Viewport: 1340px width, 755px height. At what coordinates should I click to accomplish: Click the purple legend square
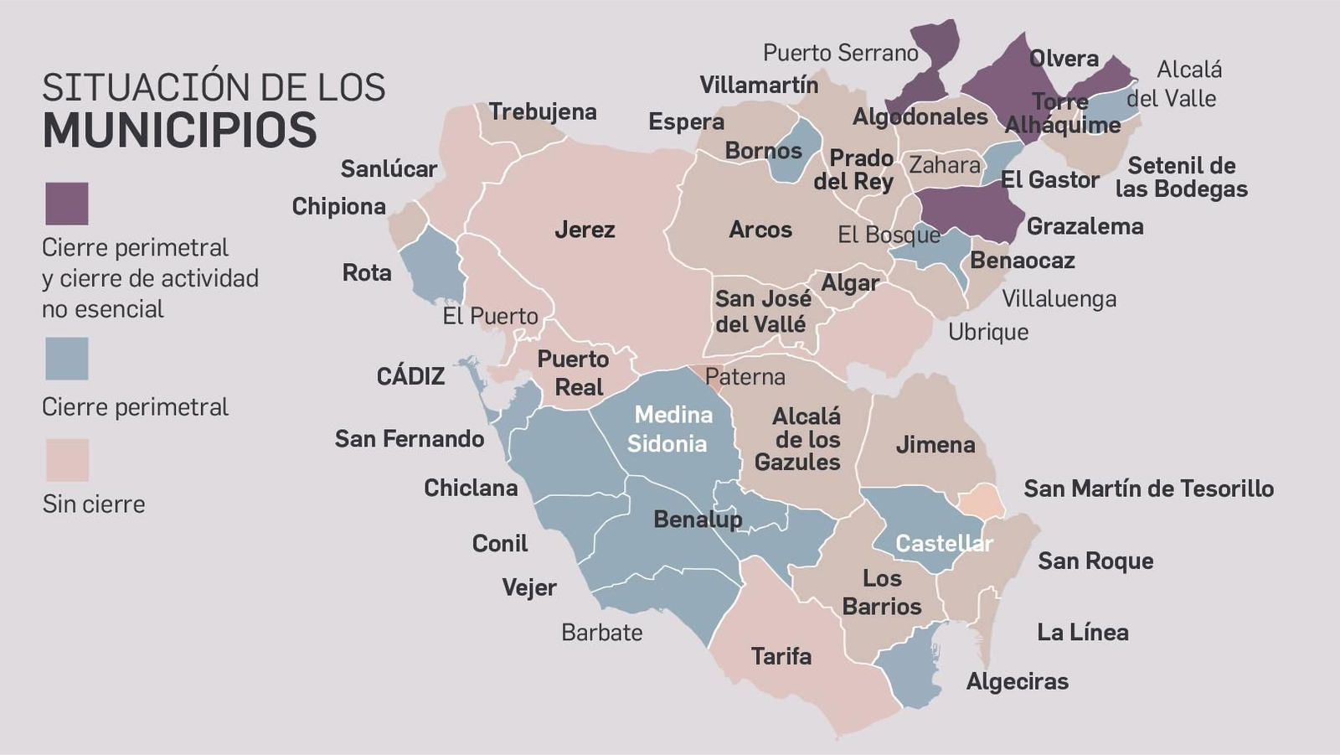coord(66,204)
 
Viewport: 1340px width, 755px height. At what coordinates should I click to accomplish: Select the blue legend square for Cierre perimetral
coord(66,359)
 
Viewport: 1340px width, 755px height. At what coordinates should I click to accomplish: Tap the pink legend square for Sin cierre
coord(66,460)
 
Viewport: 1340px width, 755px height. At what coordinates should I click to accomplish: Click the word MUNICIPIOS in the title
coord(180,130)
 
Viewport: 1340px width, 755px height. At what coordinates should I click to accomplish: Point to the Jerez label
coord(585,230)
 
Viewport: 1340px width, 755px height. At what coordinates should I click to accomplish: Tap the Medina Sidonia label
coord(670,429)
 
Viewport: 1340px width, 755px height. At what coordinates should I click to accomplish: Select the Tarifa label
coord(781,656)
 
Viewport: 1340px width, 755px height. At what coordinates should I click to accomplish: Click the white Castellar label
coord(944,544)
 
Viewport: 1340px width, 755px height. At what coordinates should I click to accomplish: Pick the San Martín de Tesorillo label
coord(1148,489)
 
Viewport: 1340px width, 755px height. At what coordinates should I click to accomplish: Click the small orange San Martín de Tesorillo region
coord(982,501)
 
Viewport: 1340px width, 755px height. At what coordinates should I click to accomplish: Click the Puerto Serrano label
coord(840,53)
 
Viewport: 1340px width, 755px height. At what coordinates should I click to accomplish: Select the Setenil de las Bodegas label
coord(1181,177)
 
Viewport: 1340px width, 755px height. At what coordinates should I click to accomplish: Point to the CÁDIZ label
coord(410,376)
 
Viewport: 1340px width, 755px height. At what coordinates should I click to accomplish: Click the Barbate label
coord(601,633)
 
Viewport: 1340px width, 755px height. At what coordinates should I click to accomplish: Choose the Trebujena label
coord(543,111)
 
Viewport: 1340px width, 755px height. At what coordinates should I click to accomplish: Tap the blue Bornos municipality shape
coord(796,151)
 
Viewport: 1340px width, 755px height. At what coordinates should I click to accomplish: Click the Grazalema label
coord(1085,226)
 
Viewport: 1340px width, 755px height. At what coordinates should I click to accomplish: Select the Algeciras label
coord(1017,681)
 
